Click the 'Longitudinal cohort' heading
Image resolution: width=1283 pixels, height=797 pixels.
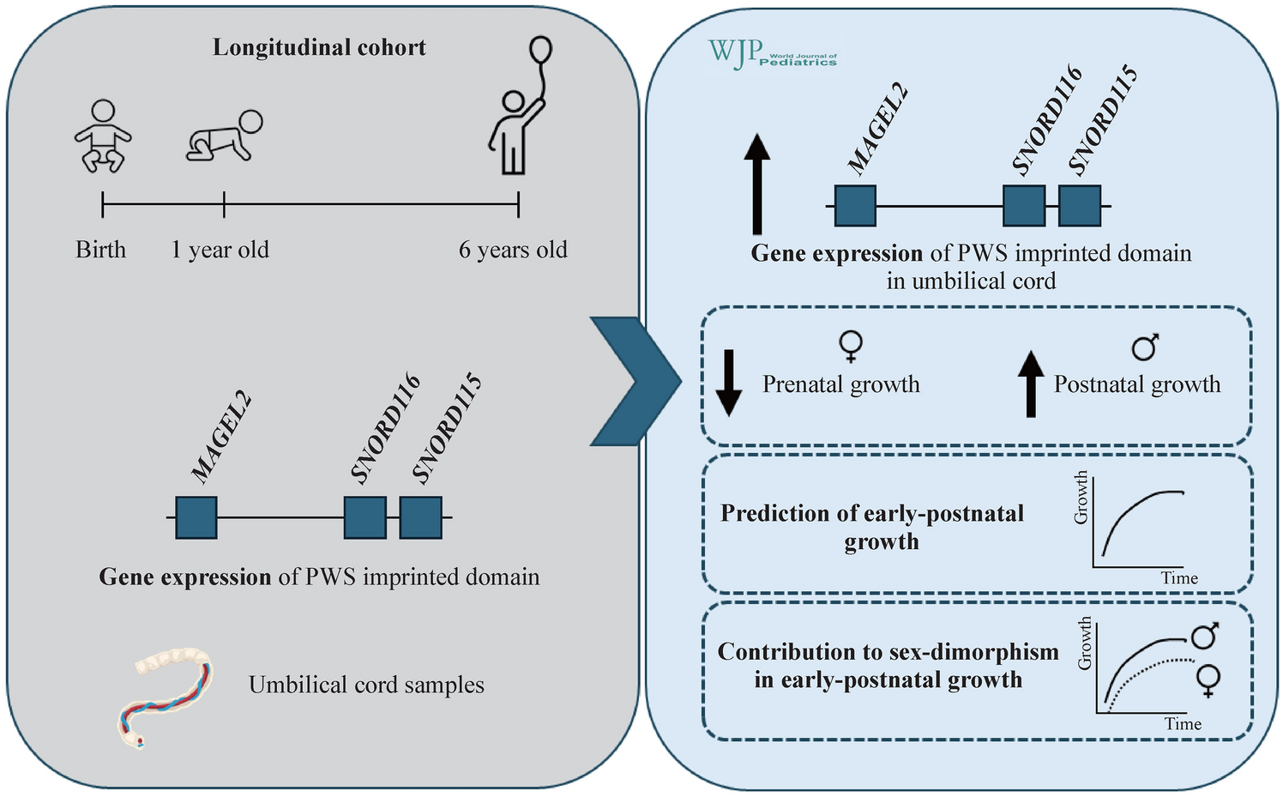(319, 47)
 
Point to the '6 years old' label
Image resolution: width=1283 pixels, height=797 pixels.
(513, 250)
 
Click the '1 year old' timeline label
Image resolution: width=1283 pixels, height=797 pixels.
(220, 250)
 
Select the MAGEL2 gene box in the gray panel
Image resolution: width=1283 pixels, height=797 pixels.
(196, 517)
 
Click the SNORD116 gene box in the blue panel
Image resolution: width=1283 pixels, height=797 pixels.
(1024, 206)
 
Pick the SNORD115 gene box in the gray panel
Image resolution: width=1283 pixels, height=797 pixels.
(421, 517)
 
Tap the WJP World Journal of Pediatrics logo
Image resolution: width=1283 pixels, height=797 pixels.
(771, 54)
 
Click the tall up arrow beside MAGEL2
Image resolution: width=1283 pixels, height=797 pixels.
(756, 184)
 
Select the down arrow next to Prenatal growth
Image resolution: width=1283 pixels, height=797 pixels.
(728, 383)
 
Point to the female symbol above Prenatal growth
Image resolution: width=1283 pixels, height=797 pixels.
(851, 347)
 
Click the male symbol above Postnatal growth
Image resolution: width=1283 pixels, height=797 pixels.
(1145, 347)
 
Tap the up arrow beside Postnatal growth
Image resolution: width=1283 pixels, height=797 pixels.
(1031, 383)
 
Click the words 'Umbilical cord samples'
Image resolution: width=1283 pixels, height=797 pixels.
(366, 685)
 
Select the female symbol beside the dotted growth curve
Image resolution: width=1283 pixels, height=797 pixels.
(1208, 680)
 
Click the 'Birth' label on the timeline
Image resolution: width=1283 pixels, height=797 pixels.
(100, 250)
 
